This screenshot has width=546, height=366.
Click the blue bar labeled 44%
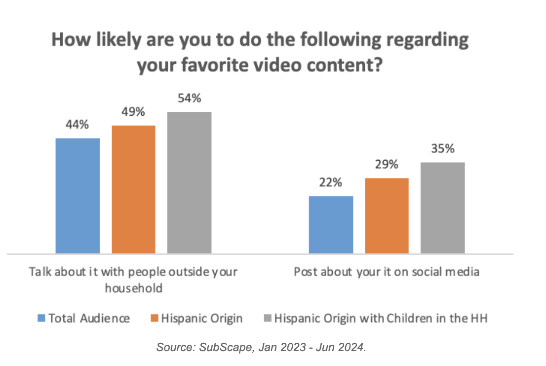click(78, 196)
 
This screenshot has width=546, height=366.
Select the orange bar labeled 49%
click(133, 189)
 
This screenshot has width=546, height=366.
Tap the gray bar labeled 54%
click(189, 183)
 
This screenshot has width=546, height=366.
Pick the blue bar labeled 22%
click(331, 225)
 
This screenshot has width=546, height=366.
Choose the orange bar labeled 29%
click(387, 216)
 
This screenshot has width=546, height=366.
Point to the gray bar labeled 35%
click(442, 208)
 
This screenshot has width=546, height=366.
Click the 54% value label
click(189, 98)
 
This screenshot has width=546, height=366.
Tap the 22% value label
click(331, 183)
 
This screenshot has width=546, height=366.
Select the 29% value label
click(387, 165)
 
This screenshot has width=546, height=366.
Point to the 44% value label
click(78, 125)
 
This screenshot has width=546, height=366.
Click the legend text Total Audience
click(89, 318)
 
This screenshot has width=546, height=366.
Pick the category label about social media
click(387, 272)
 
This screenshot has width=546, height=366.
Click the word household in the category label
click(133, 288)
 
